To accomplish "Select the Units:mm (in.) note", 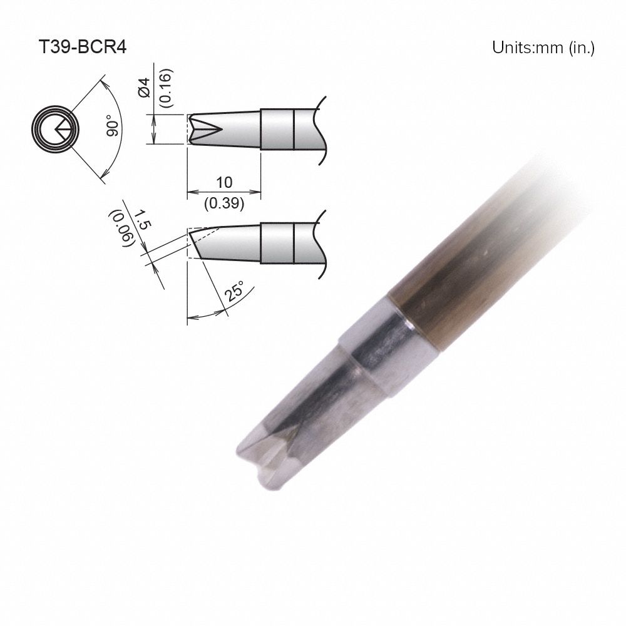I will pos(543,48).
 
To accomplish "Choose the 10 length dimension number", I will pos(223,182).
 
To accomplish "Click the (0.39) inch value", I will pos(223,203).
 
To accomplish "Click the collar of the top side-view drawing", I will pos(277,130).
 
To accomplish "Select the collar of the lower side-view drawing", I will pos(277,244).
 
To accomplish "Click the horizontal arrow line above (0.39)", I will pos(223,192).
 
